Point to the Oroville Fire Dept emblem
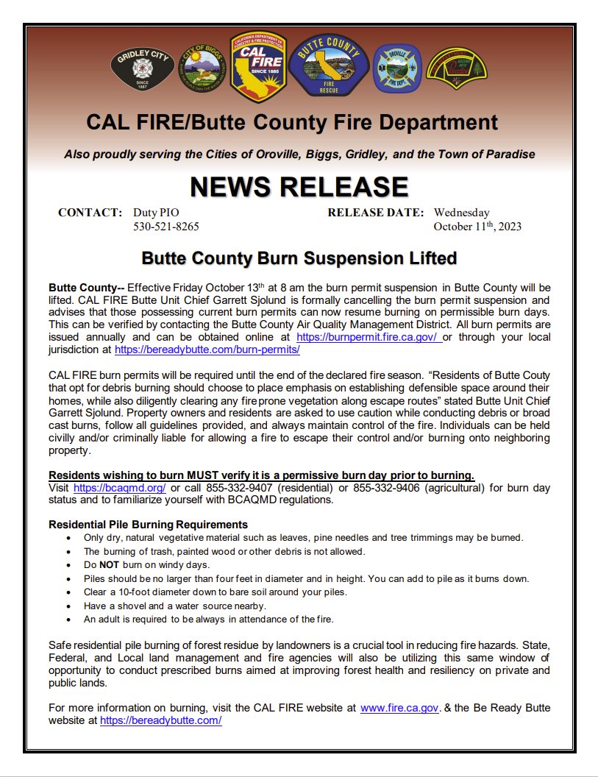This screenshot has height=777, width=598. coord(396,69)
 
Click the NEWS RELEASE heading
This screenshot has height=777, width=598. coord(299,186)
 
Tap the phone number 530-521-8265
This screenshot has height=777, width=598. coord(165,226)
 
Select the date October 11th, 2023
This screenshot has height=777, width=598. coord(477,226)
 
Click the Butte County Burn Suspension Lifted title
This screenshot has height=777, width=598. coord(299,258)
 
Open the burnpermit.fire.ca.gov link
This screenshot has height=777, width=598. coord(368,336)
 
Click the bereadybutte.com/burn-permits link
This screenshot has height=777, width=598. coord(207,350)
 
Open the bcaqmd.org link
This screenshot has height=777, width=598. coord(119,488)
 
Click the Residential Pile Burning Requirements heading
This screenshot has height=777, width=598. coord(148,525)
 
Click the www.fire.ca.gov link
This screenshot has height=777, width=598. coord(399,708)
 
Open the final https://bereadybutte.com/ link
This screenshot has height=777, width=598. coord(160,721)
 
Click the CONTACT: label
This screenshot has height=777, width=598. coord(90,213)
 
